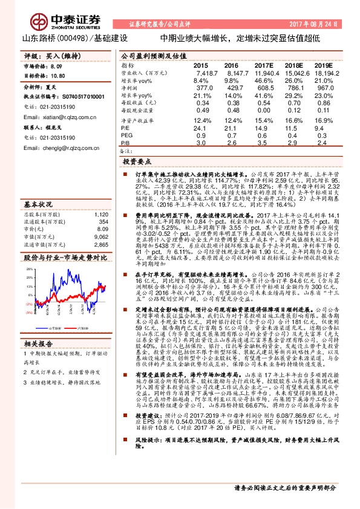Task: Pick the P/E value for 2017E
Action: point(264,129)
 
